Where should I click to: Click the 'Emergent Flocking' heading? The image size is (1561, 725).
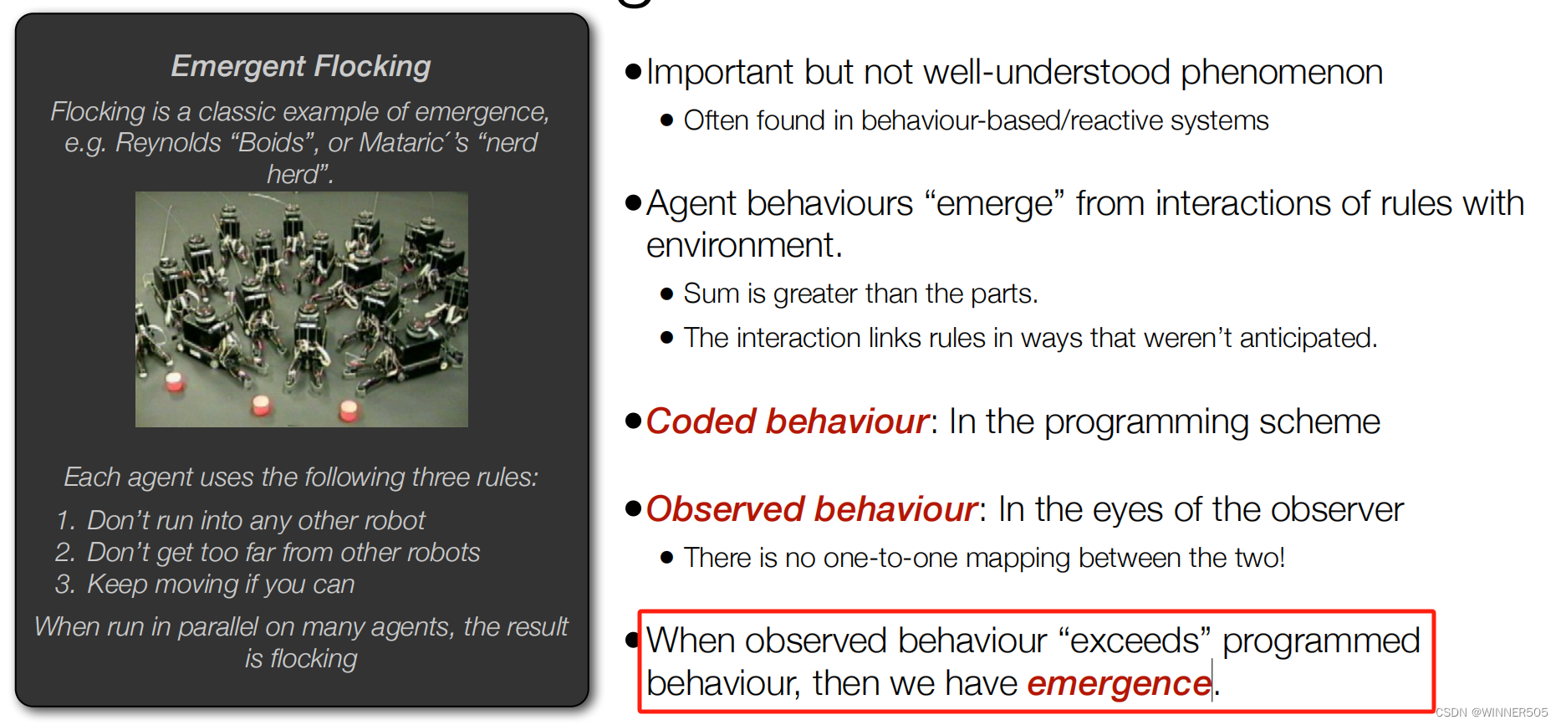click(x=301, y=66)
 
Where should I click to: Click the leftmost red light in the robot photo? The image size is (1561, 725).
click(x=175, y=382)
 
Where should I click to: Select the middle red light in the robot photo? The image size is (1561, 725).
click(x=262, y=406)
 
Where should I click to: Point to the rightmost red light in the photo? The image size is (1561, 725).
click(x=349, y=410)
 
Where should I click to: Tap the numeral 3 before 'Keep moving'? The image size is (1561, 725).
click(x=64, y=585)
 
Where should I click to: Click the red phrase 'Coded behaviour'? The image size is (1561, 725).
click(x=787, y=421)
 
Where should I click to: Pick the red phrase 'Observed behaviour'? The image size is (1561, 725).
click(x=811, y=509)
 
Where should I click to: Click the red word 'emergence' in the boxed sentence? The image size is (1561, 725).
click(x=1119, y=684)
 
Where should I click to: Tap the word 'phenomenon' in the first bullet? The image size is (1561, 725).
click(x=1282, y=73)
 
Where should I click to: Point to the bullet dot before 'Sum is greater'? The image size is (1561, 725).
click(x=666, y=294)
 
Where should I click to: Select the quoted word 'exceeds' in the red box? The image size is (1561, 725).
click(x=1135, y=641)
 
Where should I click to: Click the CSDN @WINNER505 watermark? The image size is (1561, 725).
click(x=1492, y=712)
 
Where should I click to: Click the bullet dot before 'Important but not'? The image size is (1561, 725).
click(x=633, y=71)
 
